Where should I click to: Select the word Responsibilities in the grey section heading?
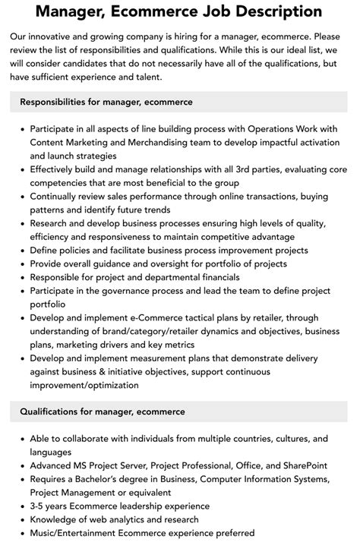pos(58,102)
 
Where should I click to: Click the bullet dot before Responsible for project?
pos(21,278)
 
